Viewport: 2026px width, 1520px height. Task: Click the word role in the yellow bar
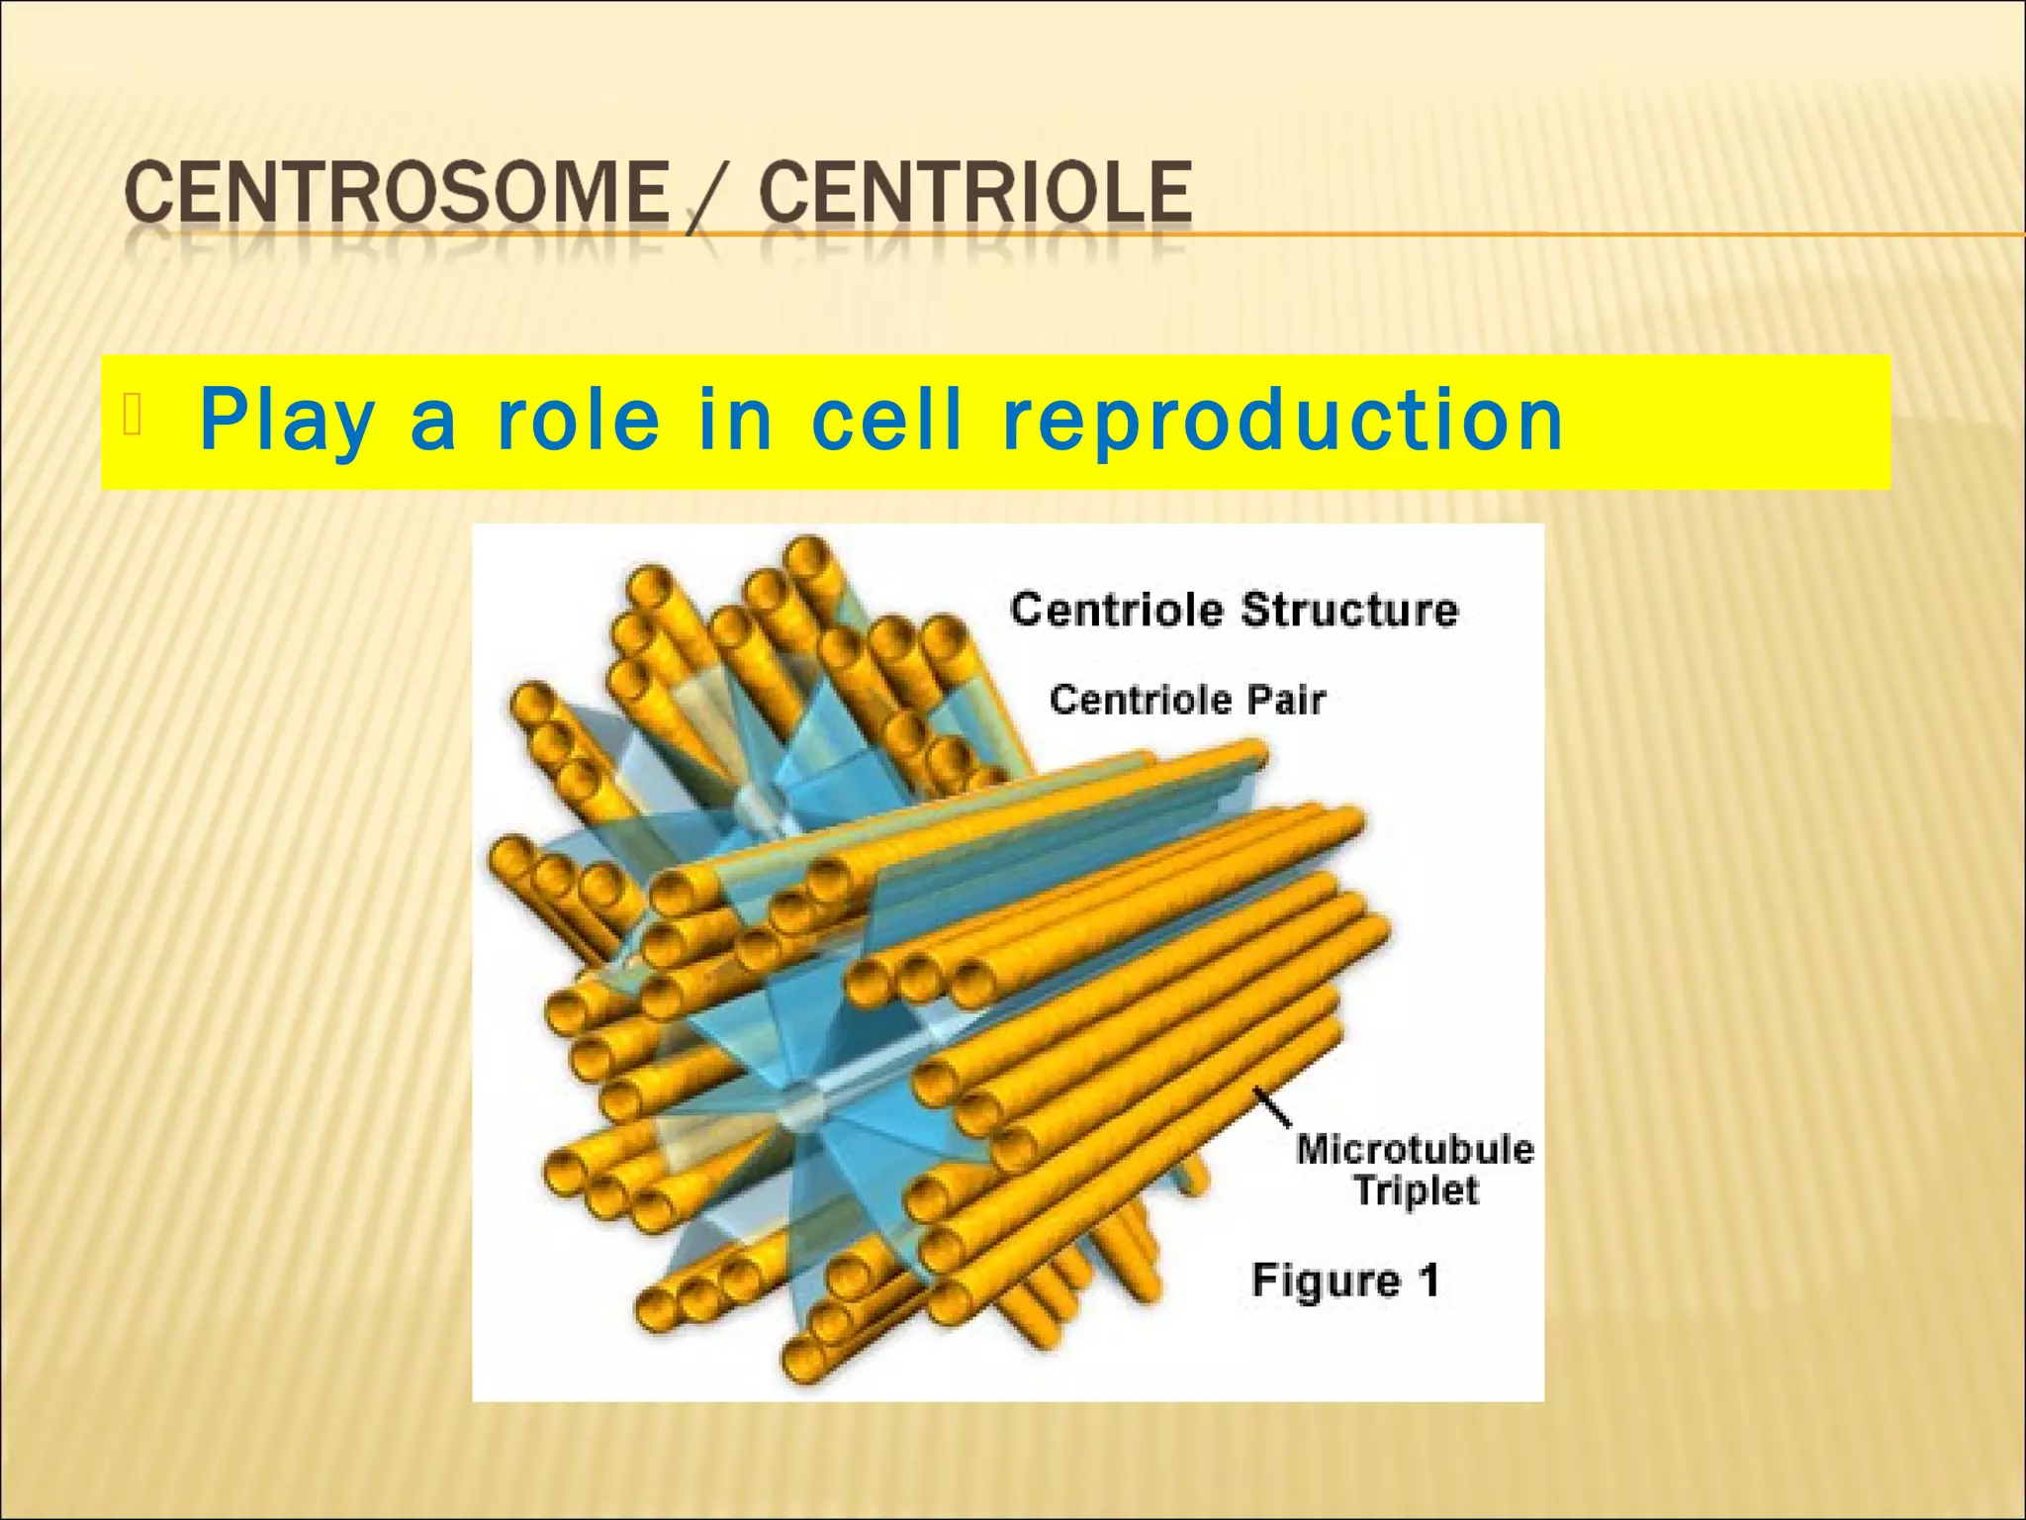pos(578,420)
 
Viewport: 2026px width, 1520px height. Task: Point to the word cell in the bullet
pos(886,420)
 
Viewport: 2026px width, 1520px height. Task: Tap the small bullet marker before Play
pos(134,417)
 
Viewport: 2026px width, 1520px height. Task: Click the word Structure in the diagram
pos(1349,610)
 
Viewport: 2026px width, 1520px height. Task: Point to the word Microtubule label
pos(1415,1150)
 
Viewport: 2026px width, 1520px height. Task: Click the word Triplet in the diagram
pos(1416,1190)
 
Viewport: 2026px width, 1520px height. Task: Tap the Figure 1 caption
pos(1345,1281)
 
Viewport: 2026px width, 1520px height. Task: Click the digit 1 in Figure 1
pos(1427,1280)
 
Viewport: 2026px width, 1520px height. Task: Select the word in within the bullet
pos(734,420)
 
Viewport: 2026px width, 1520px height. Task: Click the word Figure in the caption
pos(1327,1282)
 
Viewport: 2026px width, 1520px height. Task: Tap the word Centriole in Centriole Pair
pos(1141,701)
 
